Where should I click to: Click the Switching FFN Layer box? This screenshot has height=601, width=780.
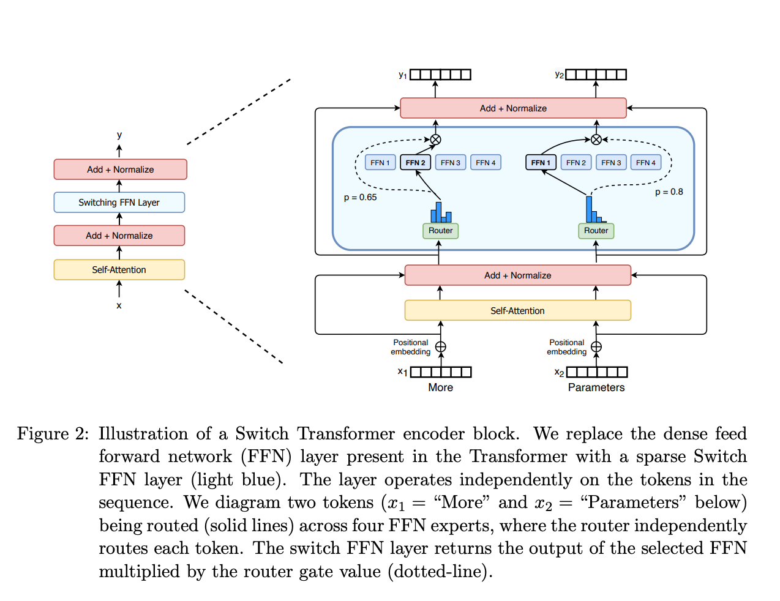click(x=119, y=203)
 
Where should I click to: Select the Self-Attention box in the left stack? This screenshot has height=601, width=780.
click(x=119, y=270)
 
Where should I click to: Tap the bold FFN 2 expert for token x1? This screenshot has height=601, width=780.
click(x=415, y=163)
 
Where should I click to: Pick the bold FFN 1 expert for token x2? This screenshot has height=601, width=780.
click(x=541, y=163)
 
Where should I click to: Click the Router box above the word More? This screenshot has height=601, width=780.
click(x=440, y=231)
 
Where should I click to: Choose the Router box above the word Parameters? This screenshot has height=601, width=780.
click(x=596, y=231)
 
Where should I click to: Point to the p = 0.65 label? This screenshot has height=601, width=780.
click(x=360, y=197)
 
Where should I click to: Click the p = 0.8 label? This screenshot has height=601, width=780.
click(x=669, y=192)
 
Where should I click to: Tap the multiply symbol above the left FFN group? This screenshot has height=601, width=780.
click(x=435, y=140)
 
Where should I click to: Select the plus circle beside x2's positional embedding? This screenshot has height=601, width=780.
click(x=596, y=347)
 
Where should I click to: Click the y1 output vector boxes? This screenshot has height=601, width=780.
click(x=440, y=75)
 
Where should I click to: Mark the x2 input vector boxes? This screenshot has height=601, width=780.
click(x=597, y=372)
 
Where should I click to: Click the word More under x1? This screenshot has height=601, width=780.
click(x=440, y=387)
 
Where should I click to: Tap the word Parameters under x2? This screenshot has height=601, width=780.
click(x=596, y=387)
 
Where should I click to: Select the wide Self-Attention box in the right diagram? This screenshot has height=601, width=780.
click(x=517, y=310)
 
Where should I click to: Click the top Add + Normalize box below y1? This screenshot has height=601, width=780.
click(x=513, y=108)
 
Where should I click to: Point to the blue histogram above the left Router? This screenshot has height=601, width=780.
click(x=441, y=212)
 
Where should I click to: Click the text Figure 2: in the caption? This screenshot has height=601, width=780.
click(x=53, y=434)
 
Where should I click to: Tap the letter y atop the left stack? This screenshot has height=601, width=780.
click(x=119, y=135)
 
